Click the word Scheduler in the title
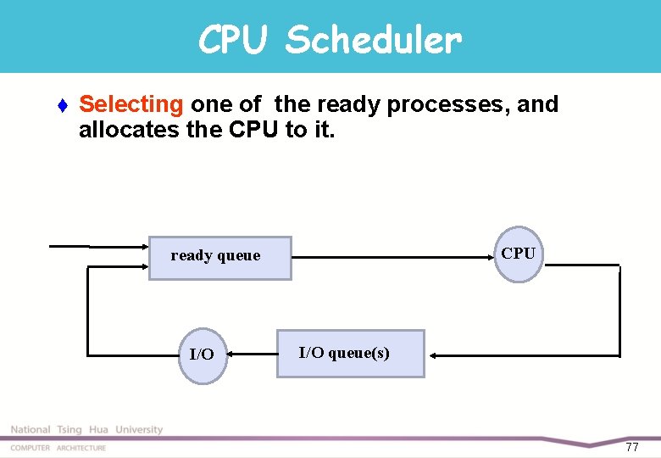coord(374,39)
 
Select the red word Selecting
coord(131,104)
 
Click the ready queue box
coord(219,258)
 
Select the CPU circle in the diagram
coord(518,254)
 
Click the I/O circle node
coord(202,355)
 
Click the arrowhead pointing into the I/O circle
coord(233,354)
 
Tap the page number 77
coord(631,447)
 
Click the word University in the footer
coord(139,430)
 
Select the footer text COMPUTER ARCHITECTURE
coord(58,448)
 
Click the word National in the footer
coord(31,430)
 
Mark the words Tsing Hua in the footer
coord(83,430)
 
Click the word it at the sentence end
coord(323,131)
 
